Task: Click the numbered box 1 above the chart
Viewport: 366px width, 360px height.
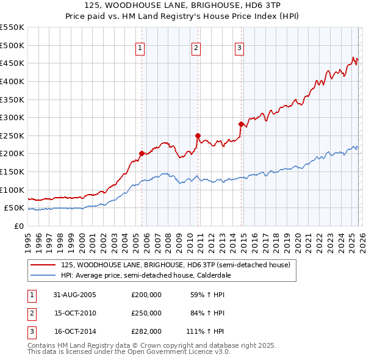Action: click(140, 48)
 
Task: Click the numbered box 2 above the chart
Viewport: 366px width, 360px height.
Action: click(196, 48)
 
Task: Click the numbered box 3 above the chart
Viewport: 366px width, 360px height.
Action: click(239, 48)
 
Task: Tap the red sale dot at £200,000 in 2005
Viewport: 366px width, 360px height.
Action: click(142, 153)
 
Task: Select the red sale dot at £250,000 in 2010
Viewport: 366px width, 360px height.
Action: click(198, 135)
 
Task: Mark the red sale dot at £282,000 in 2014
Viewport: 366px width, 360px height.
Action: click(241, 124)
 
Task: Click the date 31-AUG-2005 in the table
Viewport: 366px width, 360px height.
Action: click(75, 295)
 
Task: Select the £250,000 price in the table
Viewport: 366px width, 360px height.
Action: click(146, 313)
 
